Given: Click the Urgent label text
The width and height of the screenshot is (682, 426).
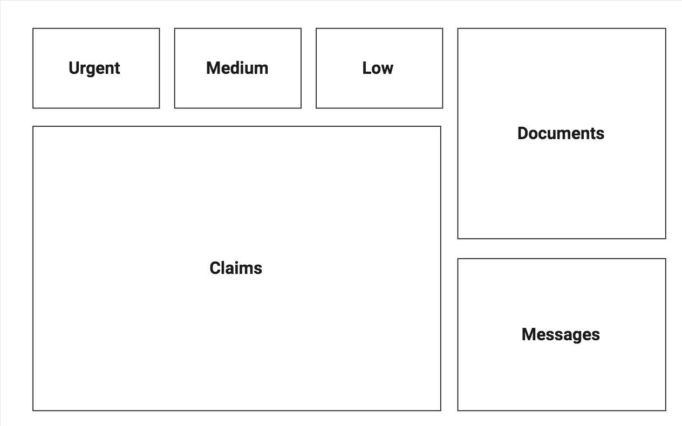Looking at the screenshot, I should point(94,68).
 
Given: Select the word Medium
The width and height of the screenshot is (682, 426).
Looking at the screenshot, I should point(237,68).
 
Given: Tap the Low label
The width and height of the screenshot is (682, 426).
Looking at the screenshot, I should point(378,68).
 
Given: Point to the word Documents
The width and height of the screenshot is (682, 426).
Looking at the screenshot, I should point(561,134).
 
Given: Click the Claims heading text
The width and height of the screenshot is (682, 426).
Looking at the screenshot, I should point(236,269).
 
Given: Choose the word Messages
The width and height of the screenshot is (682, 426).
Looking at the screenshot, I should point(561,335).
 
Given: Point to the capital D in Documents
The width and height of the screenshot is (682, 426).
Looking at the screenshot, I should point(523,134).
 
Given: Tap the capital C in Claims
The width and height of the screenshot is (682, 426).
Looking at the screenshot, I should point(215,269).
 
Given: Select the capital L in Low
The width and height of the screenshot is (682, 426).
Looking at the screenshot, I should point(366,68).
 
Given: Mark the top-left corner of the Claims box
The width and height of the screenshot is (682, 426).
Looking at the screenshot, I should point(33,127).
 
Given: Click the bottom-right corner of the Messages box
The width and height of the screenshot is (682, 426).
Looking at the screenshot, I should point(665,410).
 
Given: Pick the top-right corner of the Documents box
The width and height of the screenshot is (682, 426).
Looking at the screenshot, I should point(665,29).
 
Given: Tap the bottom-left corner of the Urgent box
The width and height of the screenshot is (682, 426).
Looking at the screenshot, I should point(33,108).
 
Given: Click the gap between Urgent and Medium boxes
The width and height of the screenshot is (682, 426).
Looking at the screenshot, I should point(167,68).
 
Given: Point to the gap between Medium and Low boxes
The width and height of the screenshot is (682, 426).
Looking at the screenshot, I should point(309,68).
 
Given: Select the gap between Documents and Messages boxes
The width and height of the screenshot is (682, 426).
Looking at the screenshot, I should point(561,249).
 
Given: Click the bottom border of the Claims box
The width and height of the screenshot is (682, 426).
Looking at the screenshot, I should point(236,410).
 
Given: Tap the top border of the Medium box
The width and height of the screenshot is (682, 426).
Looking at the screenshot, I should point(237,29).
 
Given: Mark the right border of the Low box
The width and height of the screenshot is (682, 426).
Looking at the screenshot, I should point(442,68).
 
